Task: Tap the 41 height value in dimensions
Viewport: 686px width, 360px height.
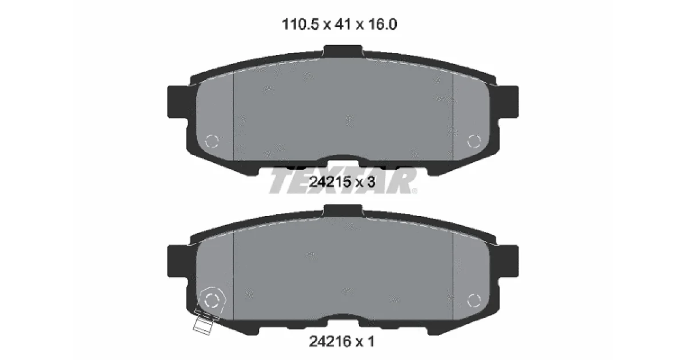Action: click(342, 24)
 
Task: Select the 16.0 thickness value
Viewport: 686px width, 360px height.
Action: click(382, 24)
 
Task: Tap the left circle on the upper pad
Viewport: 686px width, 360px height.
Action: click(212, 141)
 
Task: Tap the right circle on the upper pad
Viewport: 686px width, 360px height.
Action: click(474, 141)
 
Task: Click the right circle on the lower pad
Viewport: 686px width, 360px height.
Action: click(474, 301)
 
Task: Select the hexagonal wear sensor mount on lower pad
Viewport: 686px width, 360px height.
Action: click(212, 301)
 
